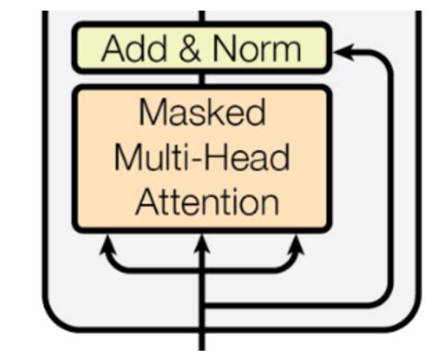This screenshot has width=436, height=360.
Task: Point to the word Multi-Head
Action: [x=201, y=157]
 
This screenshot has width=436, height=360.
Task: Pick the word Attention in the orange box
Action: [x=201, y=201]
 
